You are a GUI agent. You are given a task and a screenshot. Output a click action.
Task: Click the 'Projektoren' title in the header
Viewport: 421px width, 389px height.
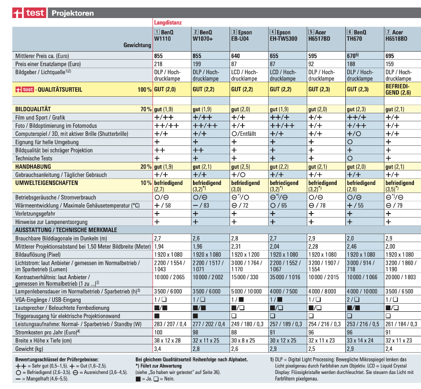(73, 13)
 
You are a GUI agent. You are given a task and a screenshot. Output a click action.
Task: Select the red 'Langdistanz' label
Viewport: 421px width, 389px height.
(168, 23)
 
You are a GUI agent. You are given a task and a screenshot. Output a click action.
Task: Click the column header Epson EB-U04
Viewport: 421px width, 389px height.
(242, 35)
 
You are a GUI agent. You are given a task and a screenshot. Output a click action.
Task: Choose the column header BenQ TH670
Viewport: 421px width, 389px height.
(358, 35)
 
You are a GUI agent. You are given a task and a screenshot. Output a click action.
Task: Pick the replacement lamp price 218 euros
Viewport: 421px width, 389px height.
(159, 64)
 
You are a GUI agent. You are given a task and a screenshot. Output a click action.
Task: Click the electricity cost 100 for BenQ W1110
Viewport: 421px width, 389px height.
(159, 332)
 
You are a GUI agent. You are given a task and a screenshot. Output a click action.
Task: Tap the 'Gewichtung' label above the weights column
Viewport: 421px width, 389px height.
(137, 45)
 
